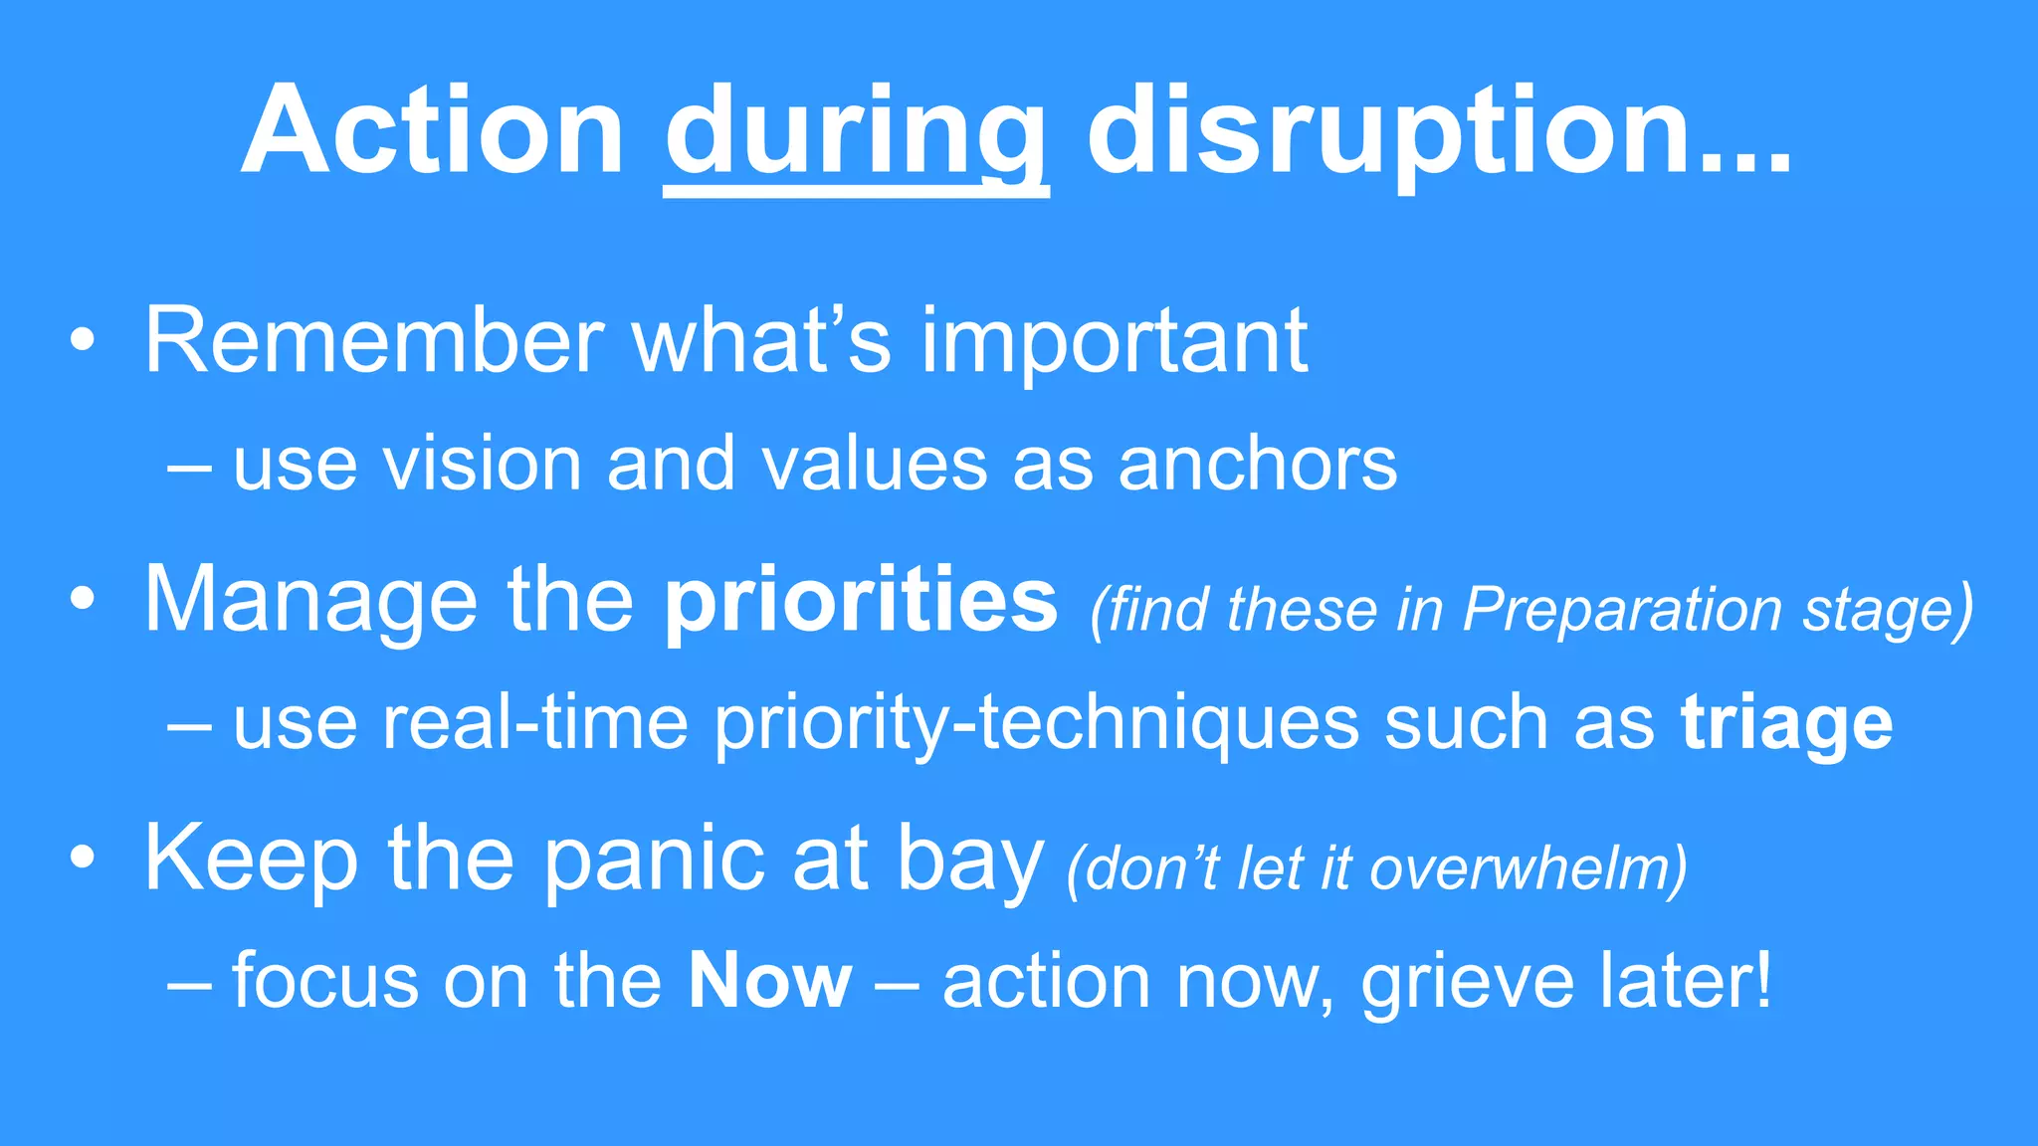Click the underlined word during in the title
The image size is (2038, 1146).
click(x=856, y=134)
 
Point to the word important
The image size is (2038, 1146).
click(x=1115, y=343)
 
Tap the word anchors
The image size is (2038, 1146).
click(x=1258, y=466)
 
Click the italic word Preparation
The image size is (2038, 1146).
click(x=1622, y=610)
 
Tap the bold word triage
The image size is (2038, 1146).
click(x=1786, y=724)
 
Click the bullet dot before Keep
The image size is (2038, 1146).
click(x=84, y=858)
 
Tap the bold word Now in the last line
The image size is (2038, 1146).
click(x=770, y=981)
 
